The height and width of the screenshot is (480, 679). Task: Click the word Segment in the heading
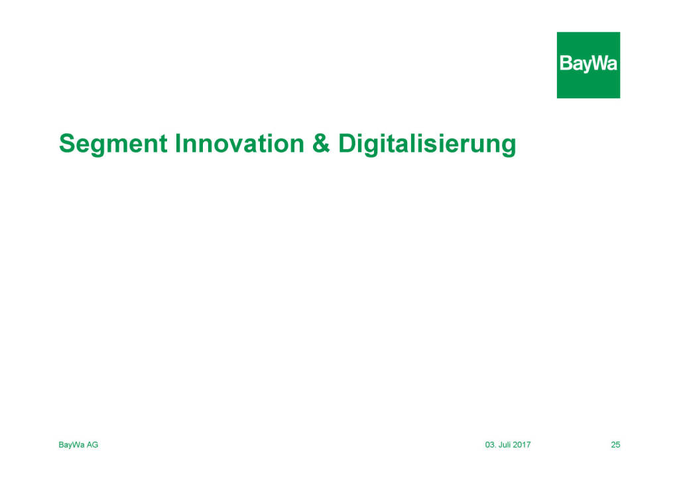(113, 144)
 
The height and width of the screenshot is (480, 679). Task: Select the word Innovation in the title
(239, 143)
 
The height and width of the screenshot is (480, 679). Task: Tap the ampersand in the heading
(321, 143)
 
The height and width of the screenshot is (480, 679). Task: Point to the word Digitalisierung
(427, 144)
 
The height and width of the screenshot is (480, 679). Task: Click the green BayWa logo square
(588, 65)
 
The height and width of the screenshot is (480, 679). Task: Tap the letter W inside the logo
(599, 63)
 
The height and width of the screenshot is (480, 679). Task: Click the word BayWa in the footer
(72, 445)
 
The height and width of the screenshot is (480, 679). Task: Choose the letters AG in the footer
(92, 444)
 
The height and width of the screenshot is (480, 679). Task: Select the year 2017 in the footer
(522, 444)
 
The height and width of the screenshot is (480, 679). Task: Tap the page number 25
(615, 444)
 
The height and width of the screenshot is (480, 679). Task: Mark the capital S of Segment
(67, 143)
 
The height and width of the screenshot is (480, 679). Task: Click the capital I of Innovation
(178, 143)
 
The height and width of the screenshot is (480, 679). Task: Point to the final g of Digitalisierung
(509, 147)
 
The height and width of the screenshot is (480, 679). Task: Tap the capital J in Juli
(501, 444)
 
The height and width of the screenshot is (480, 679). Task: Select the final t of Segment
(163, 144)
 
